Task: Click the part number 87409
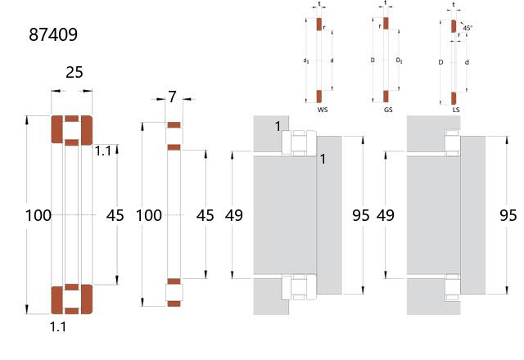click(53, 34)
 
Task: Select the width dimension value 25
click(75, 72)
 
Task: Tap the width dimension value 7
click(172, 97)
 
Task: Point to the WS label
click(323, 110)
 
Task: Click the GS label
click(388, 110)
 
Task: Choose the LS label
click(456, 110)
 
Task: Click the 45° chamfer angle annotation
click(468, 28)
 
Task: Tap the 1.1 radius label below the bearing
click(58, 326)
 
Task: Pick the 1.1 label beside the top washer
click(103, 151)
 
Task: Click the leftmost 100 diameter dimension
click(38, 215)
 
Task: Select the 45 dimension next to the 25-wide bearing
click(115, 215)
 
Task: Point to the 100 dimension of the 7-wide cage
click(149, 215)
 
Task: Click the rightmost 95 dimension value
click(508, 215)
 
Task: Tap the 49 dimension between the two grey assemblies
click(386, 215)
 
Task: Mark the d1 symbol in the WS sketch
click(306, 61)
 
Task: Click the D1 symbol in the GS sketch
click(399, 61)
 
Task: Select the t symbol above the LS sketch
click(454, 5)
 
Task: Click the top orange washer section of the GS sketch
click(386, 24)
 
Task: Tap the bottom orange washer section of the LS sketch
click(454, 98)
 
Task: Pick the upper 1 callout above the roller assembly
click(278, 126)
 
